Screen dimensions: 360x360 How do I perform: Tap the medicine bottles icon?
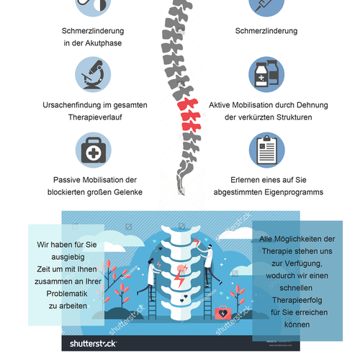[x=266, y=76]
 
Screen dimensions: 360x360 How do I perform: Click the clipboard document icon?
[x=266, y=152]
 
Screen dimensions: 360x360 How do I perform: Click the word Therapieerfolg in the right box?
[x=296, y=299]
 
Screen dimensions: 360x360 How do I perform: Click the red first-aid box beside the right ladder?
[x=225, y=313]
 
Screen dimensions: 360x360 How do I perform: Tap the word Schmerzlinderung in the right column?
[x=266, y=32]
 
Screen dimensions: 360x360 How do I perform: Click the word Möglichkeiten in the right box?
[x=291, y=238]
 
